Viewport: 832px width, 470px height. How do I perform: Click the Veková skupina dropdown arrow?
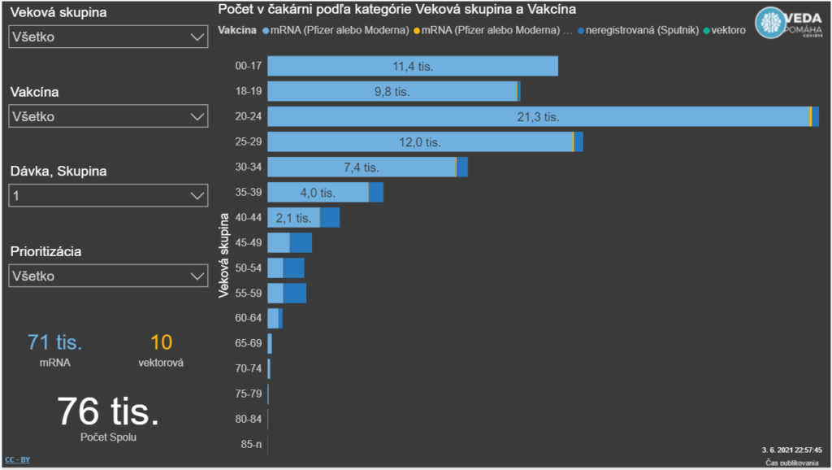click(x=196, y=37)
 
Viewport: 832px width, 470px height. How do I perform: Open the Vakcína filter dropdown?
click(x=108, y=117)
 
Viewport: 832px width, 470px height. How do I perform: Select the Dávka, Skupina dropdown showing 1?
click(x=108, y=196)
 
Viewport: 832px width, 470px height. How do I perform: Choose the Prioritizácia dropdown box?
click(x=108, y=276)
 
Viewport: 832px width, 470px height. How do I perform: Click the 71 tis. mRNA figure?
click(x=55, y=342)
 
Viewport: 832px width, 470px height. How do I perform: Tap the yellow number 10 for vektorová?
click(x=161, y=342)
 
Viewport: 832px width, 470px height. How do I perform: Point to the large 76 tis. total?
click(x=108, y=412)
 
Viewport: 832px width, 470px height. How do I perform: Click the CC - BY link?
click(x=17, y=459)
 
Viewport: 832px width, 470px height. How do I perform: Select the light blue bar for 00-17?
click(x=412, y=66)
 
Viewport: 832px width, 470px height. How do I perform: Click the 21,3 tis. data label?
click(x=538, y=116)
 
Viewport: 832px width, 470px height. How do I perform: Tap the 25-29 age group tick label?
click(x=248, y=141)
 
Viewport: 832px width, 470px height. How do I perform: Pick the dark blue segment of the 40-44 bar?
click(x=330, y=218)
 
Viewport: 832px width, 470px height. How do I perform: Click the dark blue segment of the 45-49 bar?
click(x=301, y=243)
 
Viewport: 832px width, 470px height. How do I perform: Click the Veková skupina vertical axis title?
click(x=224, y=256)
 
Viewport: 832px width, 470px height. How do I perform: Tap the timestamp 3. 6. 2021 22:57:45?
click(x=791, y=449)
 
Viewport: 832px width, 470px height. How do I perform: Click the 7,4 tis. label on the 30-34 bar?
click(x=362, y=168)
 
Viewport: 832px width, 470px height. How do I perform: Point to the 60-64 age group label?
click(x=248, y=318)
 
